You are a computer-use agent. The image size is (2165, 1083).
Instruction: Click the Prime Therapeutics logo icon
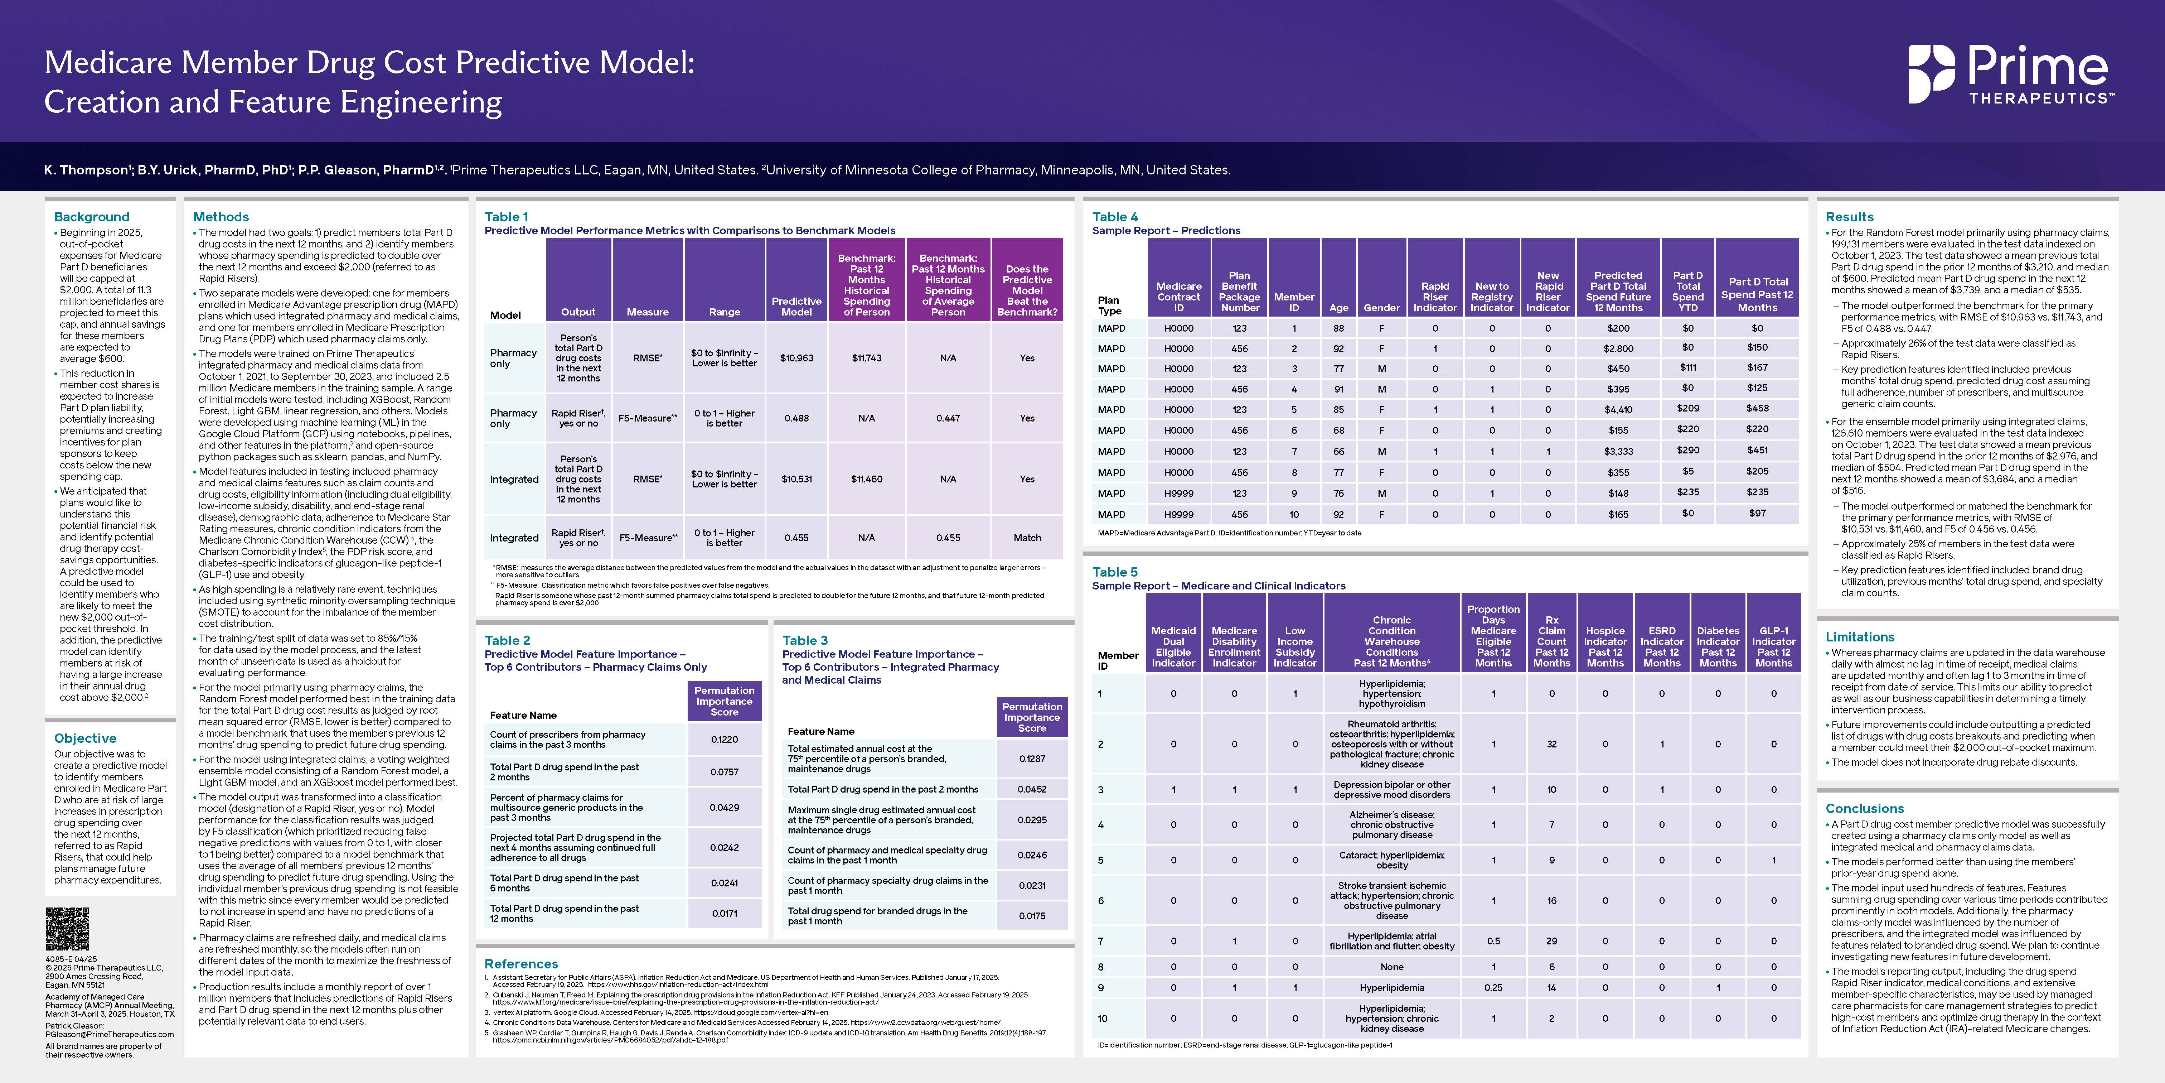click(1931, 74)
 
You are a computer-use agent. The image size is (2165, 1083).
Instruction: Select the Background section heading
click(92, 217)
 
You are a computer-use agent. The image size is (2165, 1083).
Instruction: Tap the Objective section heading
click(85, 738)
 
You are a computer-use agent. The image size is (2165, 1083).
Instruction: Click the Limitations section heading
click(1860, 637)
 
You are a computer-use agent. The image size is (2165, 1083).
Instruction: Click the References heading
click(521, 964)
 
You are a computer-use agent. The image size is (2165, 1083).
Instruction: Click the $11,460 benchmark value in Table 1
click(867, 479)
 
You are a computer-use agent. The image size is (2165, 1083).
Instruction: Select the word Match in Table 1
click(1027, 538)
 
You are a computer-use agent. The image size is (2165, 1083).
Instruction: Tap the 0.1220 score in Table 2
click(725, 740)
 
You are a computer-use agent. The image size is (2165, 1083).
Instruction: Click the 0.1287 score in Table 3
click(1032, 759)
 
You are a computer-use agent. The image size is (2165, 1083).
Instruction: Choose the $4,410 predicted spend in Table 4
click(1618, 409)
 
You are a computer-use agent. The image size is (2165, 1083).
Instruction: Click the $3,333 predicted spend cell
click(1618, 452)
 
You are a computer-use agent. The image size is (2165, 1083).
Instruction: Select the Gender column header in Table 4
click(1382, 308)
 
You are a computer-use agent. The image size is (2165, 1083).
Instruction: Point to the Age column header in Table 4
click(1339, 308)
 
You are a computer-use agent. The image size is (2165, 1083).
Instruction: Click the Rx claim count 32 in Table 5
click(1551, 744)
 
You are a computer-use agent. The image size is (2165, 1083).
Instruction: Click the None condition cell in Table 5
click(1392, 967)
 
